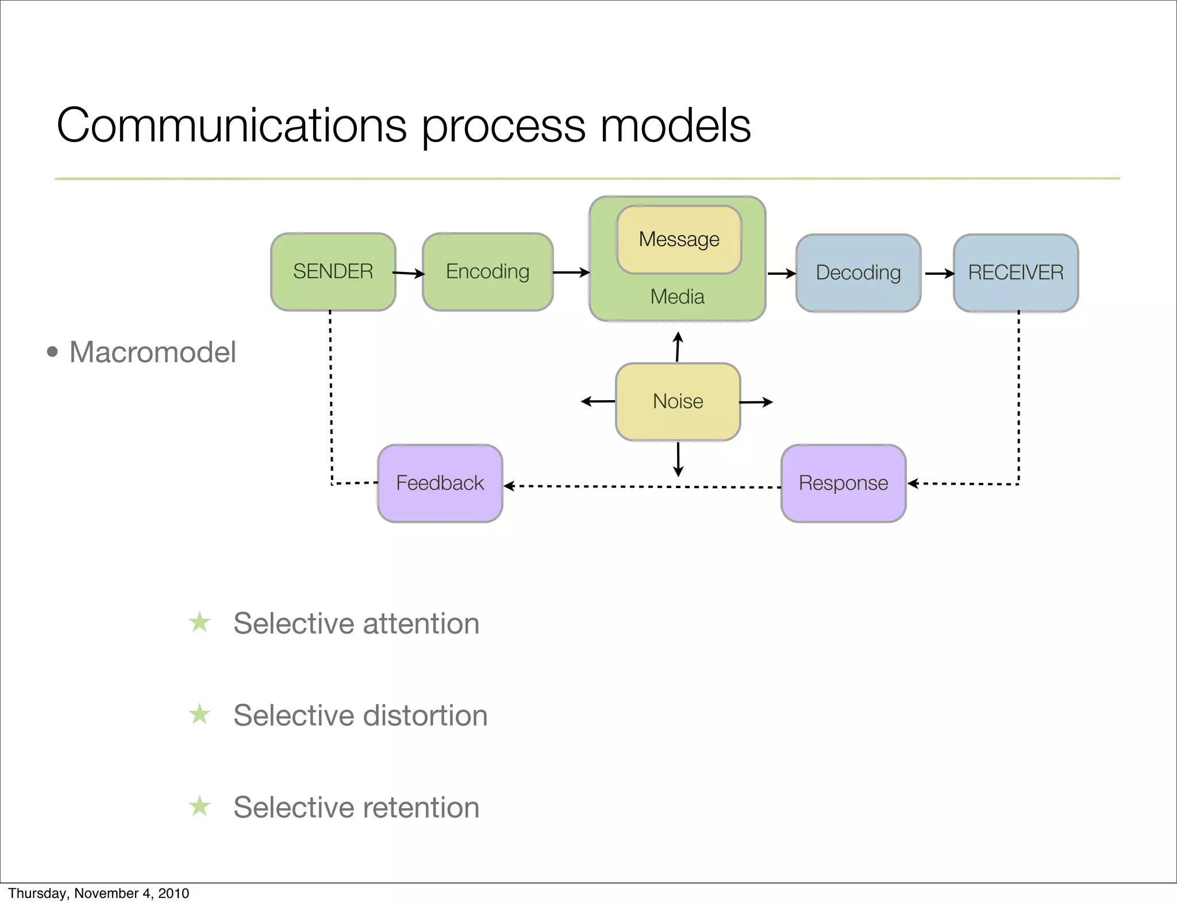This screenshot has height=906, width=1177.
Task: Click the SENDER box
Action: pyautogui.click(x=333, y=272)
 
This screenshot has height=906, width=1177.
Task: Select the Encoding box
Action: pyautogui.click(x=487, y=272)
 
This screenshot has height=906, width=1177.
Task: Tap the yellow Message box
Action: pyautogui.click(x=679, y=239)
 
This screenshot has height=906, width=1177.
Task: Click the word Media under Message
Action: pyautogui.click(x=677, y=297)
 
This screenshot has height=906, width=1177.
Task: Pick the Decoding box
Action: pyautogui.click(x=858, y=273)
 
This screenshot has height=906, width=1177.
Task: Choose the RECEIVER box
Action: pyautogui.click(x=1016, y=273)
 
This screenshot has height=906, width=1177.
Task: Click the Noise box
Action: pyautogui.click(x=678, y=401)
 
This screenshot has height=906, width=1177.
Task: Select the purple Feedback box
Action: pyautogui.click(x=440, y=483)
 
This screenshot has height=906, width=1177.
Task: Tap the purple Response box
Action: pyautogui.click(x=843, y=483)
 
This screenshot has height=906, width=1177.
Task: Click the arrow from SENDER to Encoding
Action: pyautogui.click(x=409, y=274)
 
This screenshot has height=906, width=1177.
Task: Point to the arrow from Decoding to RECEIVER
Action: pyautogui.click(x=939, y=274)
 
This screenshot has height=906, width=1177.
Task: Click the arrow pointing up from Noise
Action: pyautogui.click(x=678, y=347)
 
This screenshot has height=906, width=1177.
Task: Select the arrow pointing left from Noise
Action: pyautogui.click(x=598, y=401)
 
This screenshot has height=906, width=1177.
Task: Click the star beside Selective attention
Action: pyautogui.click(x=199, y=622)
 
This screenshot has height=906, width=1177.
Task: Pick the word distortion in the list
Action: pyautogui.click(x=425, y=716)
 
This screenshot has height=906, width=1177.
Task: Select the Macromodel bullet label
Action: pyautogui.click(x=152, y=352)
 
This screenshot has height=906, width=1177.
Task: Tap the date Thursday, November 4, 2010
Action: pyautogui.click(x=98, y=893)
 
